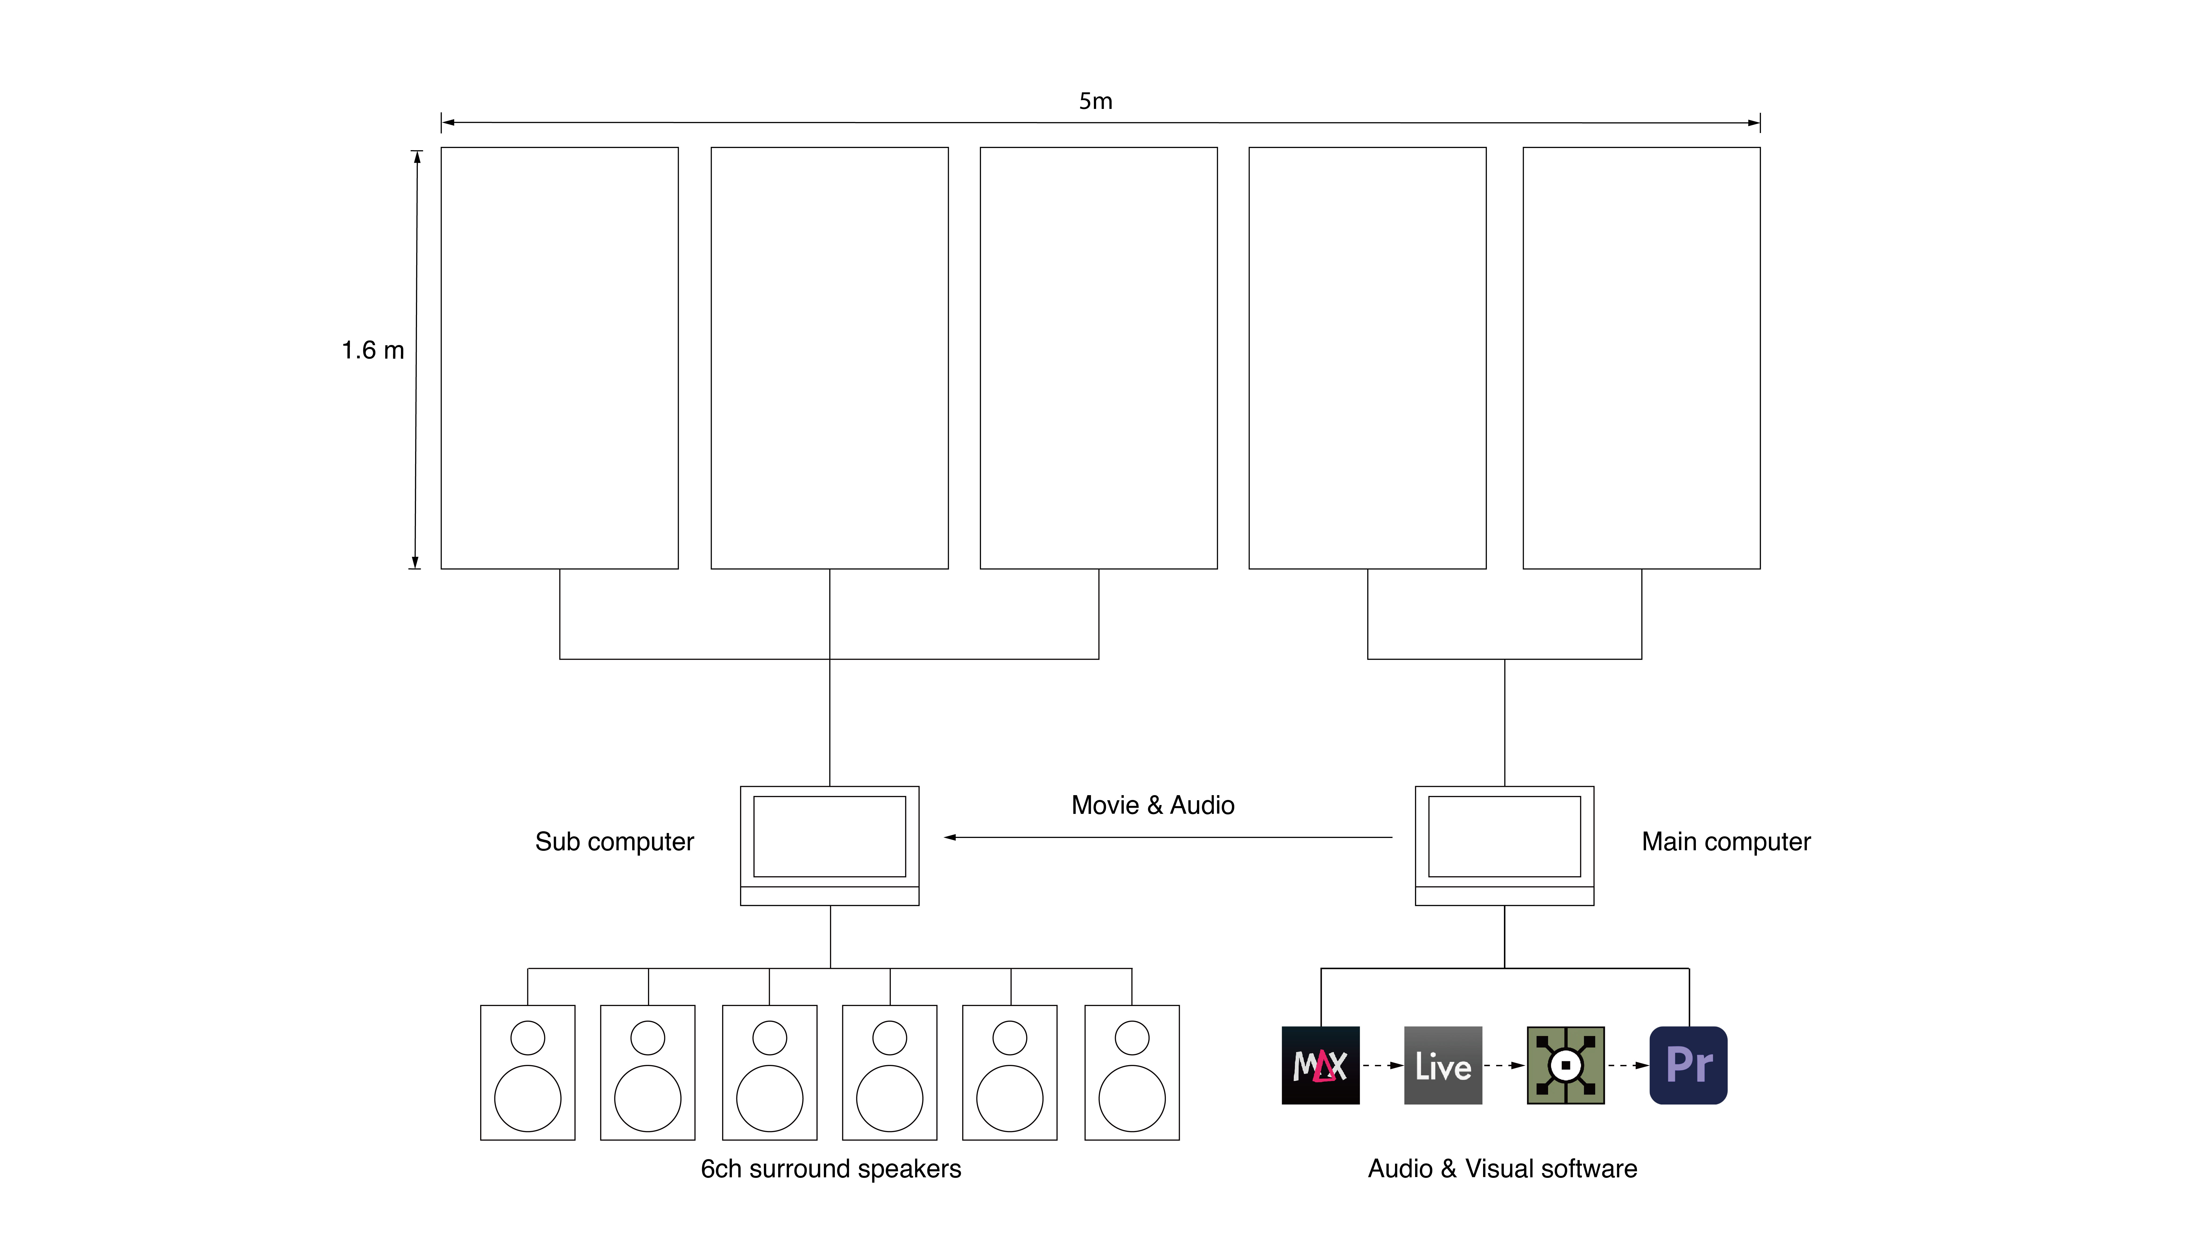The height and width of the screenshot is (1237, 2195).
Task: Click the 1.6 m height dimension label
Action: pos(372,350)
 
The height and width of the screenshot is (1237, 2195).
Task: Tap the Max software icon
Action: pos(1320,1065)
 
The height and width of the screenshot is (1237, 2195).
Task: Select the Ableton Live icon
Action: pos(1443,1065)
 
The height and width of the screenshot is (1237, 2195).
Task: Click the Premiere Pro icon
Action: pos(1688,1065)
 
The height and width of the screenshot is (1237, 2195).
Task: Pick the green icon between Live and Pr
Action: pos(1565,1065)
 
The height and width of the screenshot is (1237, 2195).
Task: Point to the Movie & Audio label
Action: pos(1152,805)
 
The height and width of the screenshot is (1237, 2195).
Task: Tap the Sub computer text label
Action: pos(614,842)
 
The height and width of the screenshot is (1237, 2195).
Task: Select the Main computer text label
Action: pos(1726,842)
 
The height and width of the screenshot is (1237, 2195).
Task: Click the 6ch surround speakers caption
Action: pos(831,1169)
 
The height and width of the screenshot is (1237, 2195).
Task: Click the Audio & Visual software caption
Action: pos(1502,1169)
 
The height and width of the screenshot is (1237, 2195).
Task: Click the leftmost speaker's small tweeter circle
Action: pos(528,1038)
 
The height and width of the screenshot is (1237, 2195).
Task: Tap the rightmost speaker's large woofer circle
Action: pos(1132,1098)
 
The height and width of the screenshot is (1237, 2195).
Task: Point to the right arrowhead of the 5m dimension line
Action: pos(1754,123)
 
